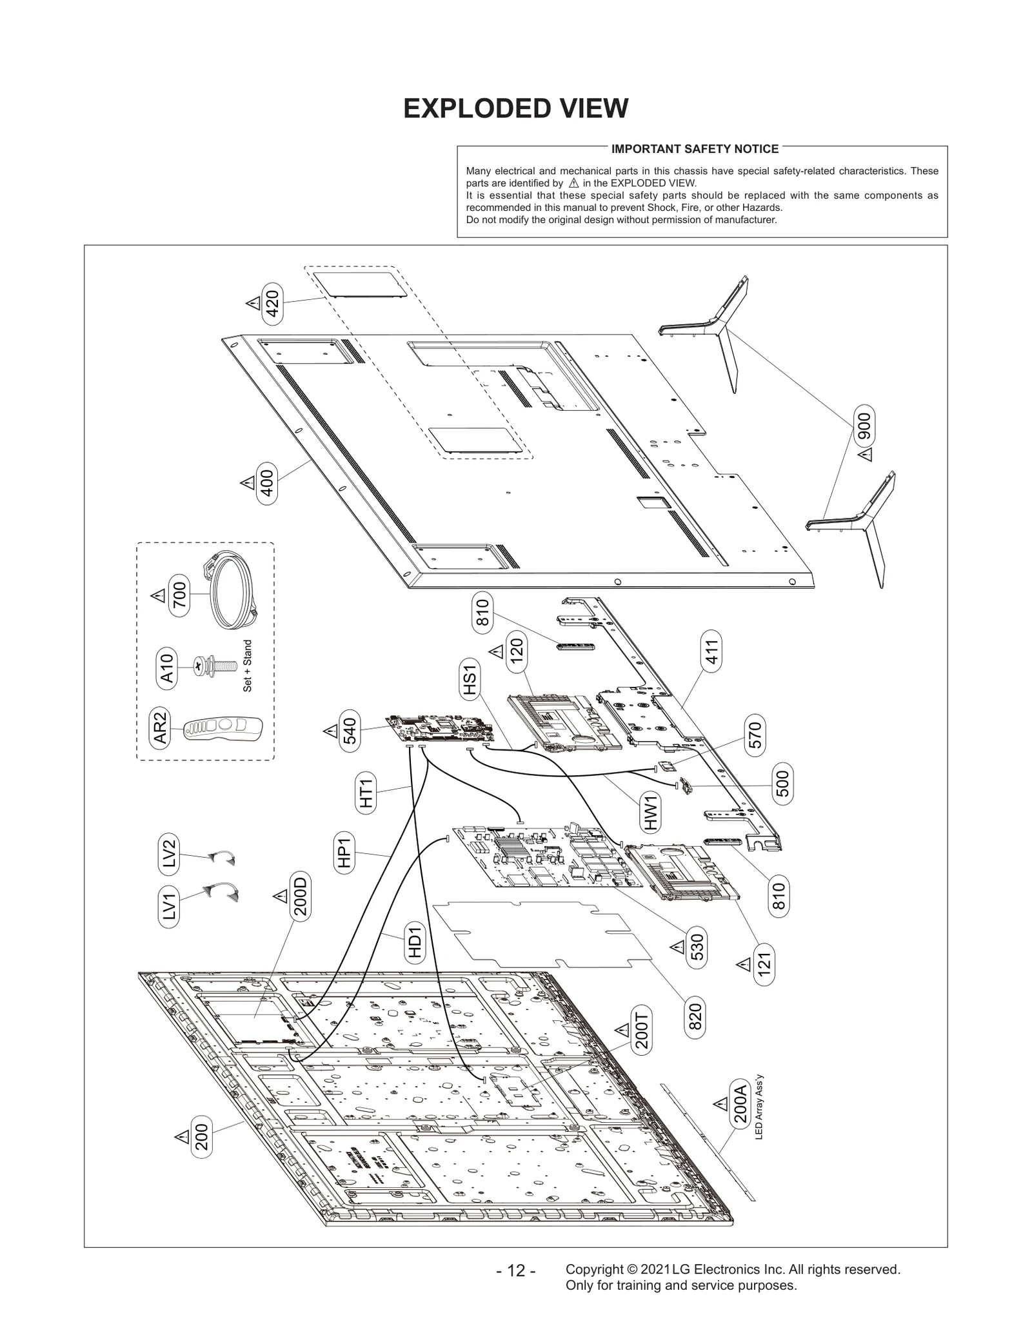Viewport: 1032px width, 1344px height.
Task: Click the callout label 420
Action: pyautogui.click(x=273, y=304)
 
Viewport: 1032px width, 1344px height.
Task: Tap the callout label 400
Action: pyautogui.click(x=266, y=484)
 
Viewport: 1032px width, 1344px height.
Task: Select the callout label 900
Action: pyautogui.click(x=864, y=426)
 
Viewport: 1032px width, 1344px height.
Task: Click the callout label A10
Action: pyautogui.click(x=166, y=667)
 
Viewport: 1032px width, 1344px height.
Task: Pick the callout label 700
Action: pyautogui.click(x=179, y=595)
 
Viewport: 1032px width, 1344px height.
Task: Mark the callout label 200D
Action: pyautogui.click(x=301, y=896)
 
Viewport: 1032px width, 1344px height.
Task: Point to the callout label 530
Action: pyautogui.click(x=697, y=947)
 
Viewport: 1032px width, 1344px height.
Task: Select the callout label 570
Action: pyautogui.click(x=755, y=735)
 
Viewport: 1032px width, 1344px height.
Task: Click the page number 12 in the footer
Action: pyautogui.click(x=516, y=1271)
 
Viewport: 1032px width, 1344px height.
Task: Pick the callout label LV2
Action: pyautogui.click(x=169, y=854)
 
